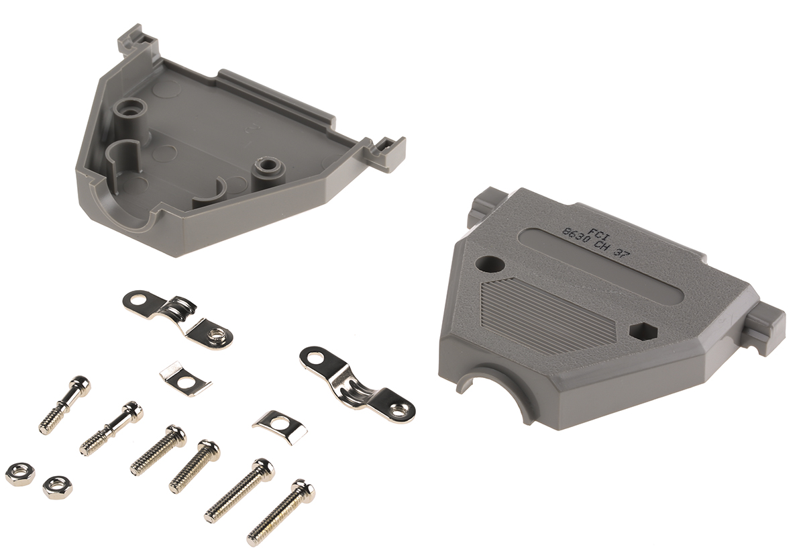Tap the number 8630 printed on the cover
[576, 238]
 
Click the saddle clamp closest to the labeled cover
[356, 383]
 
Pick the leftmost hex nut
[19, 473]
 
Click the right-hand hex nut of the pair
[57, 486]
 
